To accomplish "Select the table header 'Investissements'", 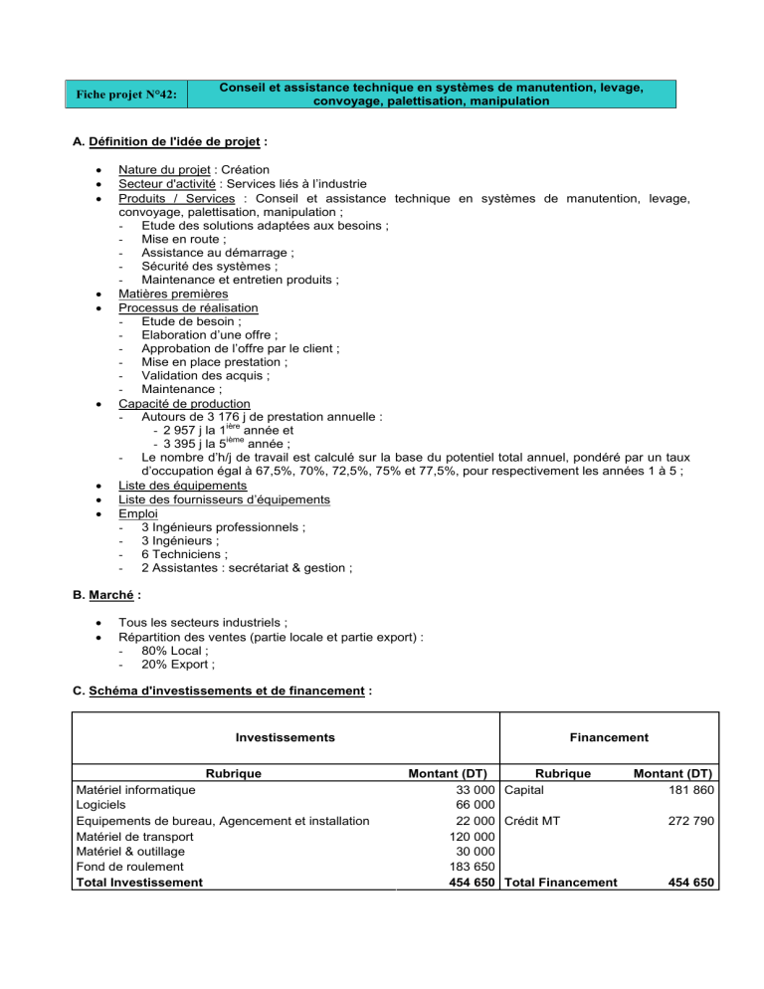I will tap(285, 737).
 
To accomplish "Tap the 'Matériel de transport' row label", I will tap(137, 838).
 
